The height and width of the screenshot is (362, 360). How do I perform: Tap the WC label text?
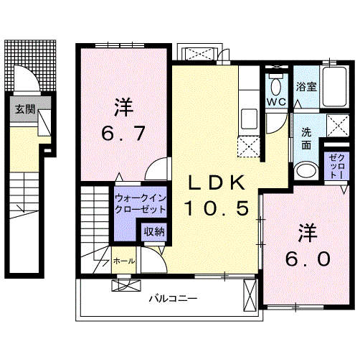(277, 102)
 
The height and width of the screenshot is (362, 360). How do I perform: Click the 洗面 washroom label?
(305, 138)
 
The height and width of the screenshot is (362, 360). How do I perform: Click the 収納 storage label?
(153, 231)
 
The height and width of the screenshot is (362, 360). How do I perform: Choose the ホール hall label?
(123, 261)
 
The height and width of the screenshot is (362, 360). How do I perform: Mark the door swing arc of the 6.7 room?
(153, 171)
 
